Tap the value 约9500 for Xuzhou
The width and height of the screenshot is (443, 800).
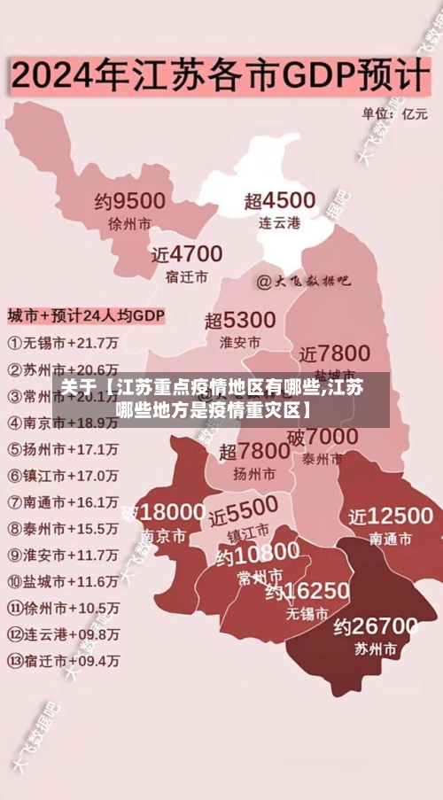129,201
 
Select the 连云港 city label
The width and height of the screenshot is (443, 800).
279,222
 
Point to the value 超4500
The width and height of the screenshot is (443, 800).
280,200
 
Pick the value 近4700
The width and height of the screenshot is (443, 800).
187,254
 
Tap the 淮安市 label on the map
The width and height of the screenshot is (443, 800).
239,341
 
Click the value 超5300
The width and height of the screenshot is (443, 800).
240,319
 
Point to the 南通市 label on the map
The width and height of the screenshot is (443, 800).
390,537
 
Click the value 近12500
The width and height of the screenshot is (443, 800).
390,516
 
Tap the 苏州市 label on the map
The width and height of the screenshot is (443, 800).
376,649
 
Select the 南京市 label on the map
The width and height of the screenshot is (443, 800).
164,535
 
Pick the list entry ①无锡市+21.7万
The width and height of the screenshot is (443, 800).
63,342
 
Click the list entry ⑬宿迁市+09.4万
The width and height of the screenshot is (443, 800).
64,660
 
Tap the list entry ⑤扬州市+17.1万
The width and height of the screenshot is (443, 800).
63,448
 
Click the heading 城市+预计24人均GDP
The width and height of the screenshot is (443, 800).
86,315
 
